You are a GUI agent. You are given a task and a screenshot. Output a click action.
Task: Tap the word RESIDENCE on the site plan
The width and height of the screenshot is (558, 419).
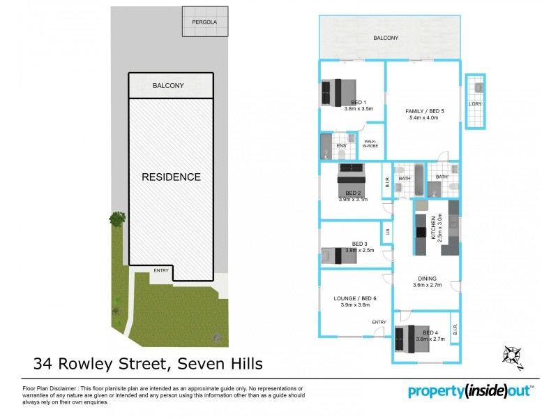[x=172, y=177]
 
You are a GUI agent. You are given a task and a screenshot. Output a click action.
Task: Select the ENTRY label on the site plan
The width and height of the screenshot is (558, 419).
[x=161, y=270]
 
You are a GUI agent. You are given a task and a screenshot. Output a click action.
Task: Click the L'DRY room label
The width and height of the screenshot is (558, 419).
[x=476, y=104]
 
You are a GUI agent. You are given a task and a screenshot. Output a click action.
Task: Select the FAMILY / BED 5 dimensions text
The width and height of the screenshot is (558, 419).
[x=423, y=117]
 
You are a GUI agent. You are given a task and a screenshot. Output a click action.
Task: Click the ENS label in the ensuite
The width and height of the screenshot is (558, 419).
[x=341, y=146]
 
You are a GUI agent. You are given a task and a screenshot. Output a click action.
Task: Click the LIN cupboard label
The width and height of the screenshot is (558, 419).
[x=385, y=231]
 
